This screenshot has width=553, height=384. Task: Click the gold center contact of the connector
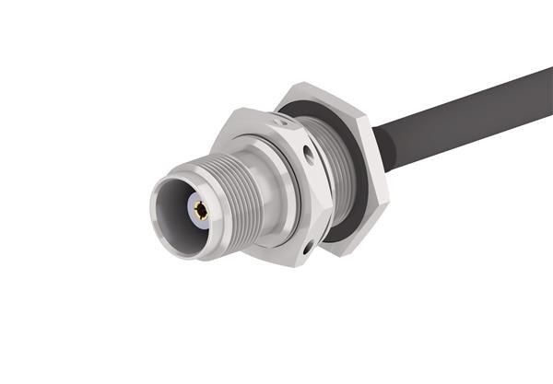200,209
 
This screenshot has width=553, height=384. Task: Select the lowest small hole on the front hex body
306,246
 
